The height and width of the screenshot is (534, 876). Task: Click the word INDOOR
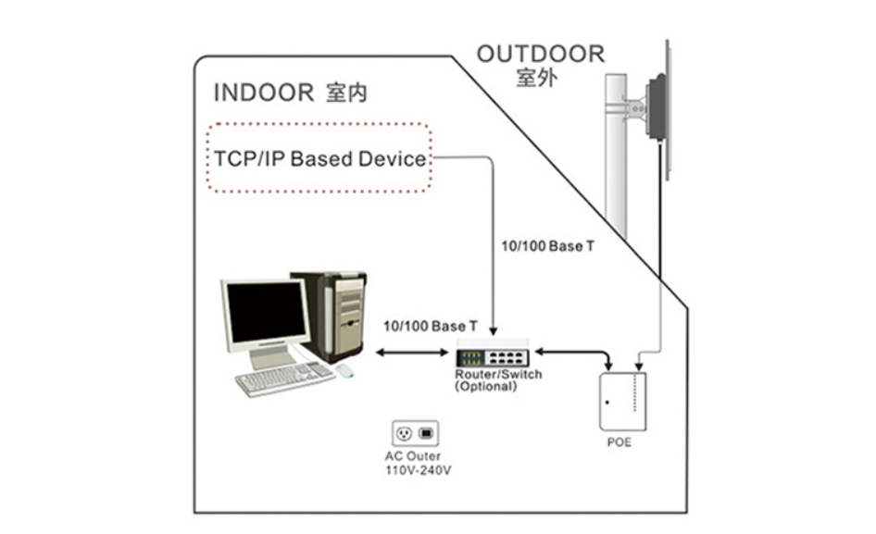(264, 93)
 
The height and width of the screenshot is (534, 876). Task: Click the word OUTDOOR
(540, 55)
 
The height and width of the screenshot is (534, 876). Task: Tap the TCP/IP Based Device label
(320, 158)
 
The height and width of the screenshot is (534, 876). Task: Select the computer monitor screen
(267, 311)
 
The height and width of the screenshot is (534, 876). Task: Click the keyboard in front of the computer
(284, 379)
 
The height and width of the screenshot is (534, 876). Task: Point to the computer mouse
(344, 370)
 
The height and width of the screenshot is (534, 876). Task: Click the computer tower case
(335, 316)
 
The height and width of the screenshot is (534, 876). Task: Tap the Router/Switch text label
(498, 374)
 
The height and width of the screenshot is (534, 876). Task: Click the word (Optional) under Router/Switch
(485, 387)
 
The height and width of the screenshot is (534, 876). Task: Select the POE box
(622, 402)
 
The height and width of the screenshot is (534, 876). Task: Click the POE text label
(619, 442)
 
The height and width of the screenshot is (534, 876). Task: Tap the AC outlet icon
(415, 433)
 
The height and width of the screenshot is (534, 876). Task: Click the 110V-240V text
(418, 470)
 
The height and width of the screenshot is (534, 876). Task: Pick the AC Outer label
(413, 456)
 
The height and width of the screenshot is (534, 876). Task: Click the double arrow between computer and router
(412, 353)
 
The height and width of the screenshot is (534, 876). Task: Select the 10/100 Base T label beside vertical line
(547, 246)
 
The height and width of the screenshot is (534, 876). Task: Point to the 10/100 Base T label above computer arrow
(431, 326)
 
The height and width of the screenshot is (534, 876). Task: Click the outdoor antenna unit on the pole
(658, 107)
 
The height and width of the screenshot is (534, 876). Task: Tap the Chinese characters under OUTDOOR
(536, 78)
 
